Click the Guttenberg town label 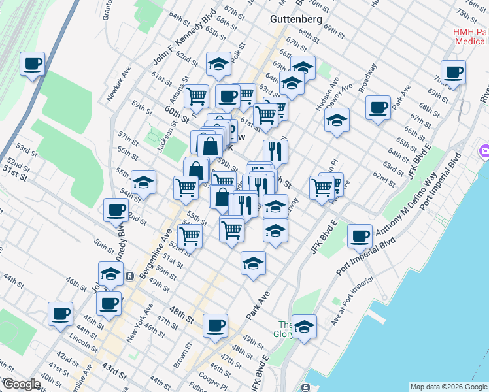[296, 19]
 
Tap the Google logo [22, 385]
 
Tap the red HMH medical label [471, 37]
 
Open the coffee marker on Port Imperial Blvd [360, 237]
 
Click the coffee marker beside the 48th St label [215, 325]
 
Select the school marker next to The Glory [303, 326]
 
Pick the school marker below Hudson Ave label [337, 120]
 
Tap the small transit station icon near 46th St [130, 276]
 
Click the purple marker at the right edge [484, 152]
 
